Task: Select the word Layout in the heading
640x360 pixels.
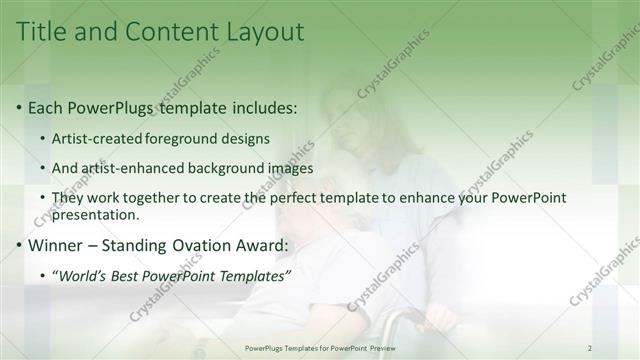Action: tap(264, 32)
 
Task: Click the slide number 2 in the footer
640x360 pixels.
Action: tap(590, 347)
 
